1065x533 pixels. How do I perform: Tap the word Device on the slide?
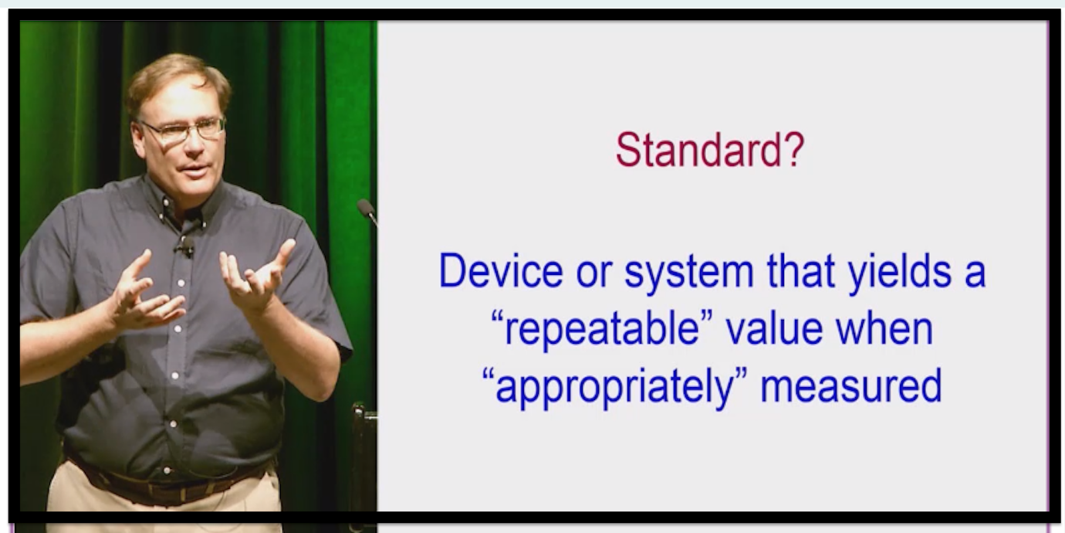pos(501,271)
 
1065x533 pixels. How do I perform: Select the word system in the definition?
pos(689,273)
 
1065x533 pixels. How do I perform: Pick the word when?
pos(884,328)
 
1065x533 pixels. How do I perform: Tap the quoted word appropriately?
pos(615,387)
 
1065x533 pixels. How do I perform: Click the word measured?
pos(851,386)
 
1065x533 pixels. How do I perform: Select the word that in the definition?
pos(801,271)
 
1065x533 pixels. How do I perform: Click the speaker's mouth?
pos(196,170)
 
